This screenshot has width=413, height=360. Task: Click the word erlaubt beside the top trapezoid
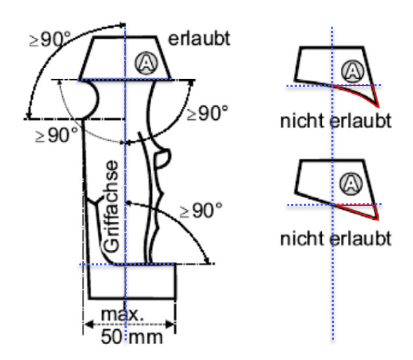click(x=199, y=39)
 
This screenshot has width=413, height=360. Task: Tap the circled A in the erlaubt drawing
click(x=147, y=63)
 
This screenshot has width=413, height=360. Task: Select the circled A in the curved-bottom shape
click(x=353, y=71)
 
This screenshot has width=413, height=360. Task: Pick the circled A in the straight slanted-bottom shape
click(x=351, y=184)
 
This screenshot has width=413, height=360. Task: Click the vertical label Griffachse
click(x=111, y=207)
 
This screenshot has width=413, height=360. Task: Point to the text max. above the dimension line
click(x=122, y=314)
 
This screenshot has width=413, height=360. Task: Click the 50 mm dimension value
click(x=132, y=337)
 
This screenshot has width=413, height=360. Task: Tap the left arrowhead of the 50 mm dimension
click(x=88, y=324)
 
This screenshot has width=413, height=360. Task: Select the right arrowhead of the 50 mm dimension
click(x=170, y=324)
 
